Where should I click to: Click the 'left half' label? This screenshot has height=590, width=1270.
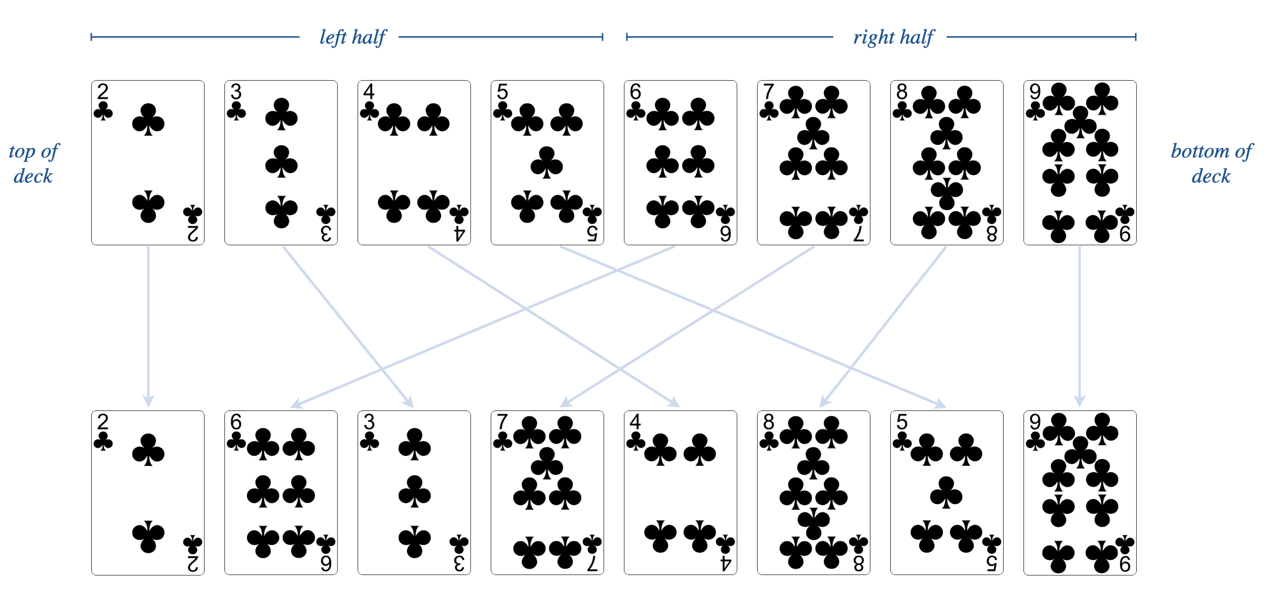[353, 37]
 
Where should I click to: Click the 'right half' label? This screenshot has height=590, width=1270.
[893, 37]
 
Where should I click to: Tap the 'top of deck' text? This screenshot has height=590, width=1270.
[33, 163]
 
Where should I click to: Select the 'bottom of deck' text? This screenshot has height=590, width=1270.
[1211, 163]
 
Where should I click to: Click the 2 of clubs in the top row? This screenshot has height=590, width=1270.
[148, 163]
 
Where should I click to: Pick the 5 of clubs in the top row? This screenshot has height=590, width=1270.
[547, 163]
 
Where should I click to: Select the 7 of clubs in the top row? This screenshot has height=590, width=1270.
[814, 163]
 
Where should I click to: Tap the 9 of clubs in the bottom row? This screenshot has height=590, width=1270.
[1080, 493]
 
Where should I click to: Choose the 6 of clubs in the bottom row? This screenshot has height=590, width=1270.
[281, 493]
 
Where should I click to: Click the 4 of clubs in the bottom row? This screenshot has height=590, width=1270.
[680, 493]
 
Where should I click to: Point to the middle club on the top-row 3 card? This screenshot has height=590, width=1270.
[281, 161]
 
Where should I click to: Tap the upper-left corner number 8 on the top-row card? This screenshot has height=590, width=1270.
[902, 92]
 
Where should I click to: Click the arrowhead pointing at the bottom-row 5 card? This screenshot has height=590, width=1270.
[940, 405]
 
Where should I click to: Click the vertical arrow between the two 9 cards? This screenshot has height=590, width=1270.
[1080, 325]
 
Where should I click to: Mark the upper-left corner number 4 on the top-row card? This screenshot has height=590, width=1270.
[369, 92]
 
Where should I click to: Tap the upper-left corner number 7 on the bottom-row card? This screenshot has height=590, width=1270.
[502, 422]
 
